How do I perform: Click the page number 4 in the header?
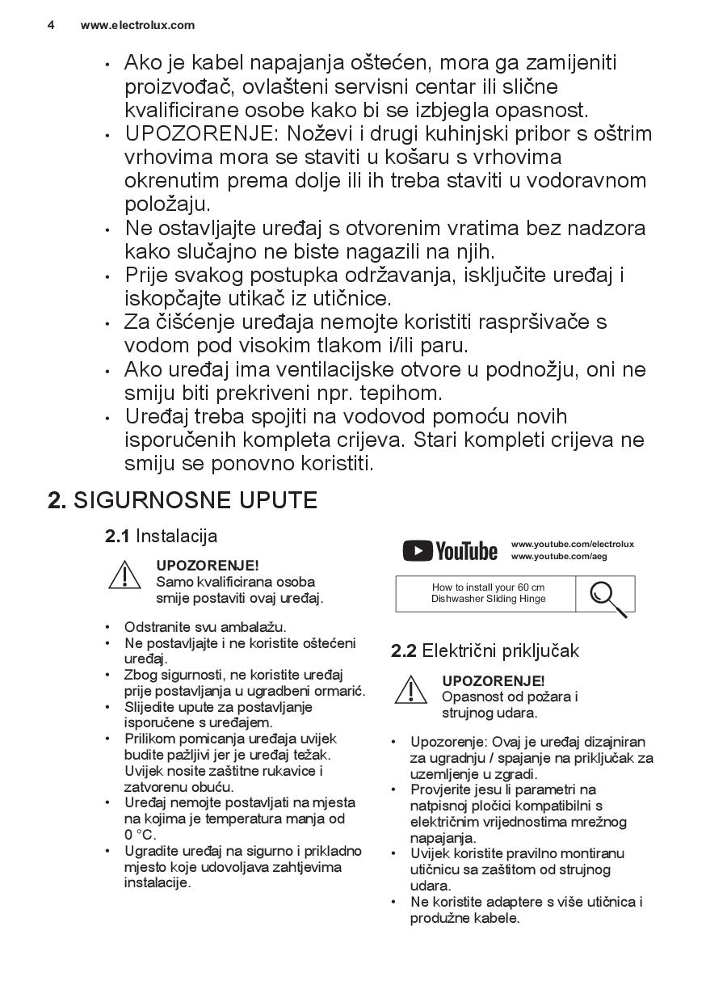[x=51, y=25]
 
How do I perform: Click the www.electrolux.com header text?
[x=137, y=25]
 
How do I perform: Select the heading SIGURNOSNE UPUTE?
[x=195, y=500]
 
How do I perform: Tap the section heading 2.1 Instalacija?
[x=161, y=536]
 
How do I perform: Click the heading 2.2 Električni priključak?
[x=485, y=650]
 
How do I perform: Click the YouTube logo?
[x=450, y=551]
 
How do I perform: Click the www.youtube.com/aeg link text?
[x=558, y=557]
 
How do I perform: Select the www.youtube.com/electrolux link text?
[x=572, y=544]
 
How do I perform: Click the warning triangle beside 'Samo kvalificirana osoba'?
[x=124, y=575]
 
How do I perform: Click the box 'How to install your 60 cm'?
[x=488, y=593]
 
